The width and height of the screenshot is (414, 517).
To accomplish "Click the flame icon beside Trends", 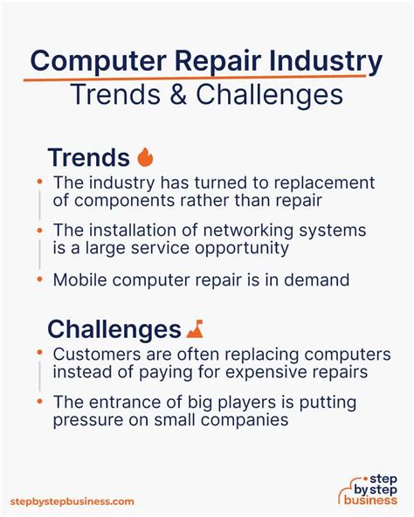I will (x=145, y=157).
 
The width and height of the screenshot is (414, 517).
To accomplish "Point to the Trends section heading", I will (x=87, y=157).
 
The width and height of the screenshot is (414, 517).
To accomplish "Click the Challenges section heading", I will (x=114, y=329).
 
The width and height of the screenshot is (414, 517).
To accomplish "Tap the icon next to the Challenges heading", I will (x=195, y=328).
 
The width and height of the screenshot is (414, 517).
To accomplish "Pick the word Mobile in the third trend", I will (x=80, y=280).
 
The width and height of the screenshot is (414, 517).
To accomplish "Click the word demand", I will (x=321, y=280).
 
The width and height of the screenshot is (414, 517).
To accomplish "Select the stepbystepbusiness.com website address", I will (x=72, y=501).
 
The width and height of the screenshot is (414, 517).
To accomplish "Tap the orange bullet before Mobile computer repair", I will (x=39, y=280).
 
